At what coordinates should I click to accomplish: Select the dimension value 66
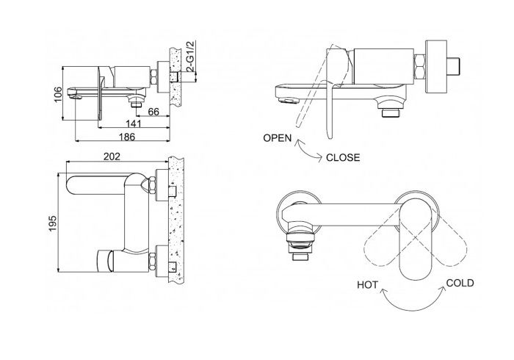tap(153, 111)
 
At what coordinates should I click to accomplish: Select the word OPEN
tap(278, 137)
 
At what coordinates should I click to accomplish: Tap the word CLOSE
tap(343, 156)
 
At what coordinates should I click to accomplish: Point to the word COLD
tap(460, 283)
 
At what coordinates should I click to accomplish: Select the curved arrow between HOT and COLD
tap(413, 297)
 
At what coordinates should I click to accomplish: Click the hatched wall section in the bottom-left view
tap(175, 220)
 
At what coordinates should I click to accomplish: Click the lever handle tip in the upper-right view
tap(328, 132)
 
